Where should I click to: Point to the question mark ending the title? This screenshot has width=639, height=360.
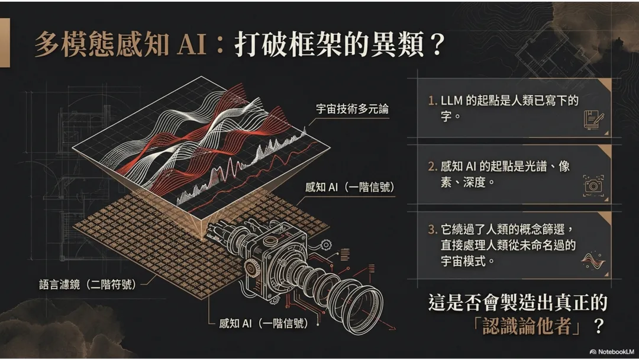438,45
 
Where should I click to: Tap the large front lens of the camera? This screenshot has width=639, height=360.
361,304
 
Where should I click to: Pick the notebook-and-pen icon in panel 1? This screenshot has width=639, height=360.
593,118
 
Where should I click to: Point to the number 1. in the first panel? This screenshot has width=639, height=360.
433,101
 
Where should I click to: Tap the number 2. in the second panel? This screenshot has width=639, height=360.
433,167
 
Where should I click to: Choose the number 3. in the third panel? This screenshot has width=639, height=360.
433,230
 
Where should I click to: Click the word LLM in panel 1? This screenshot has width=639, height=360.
453,101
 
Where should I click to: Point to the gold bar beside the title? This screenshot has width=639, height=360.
5,41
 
